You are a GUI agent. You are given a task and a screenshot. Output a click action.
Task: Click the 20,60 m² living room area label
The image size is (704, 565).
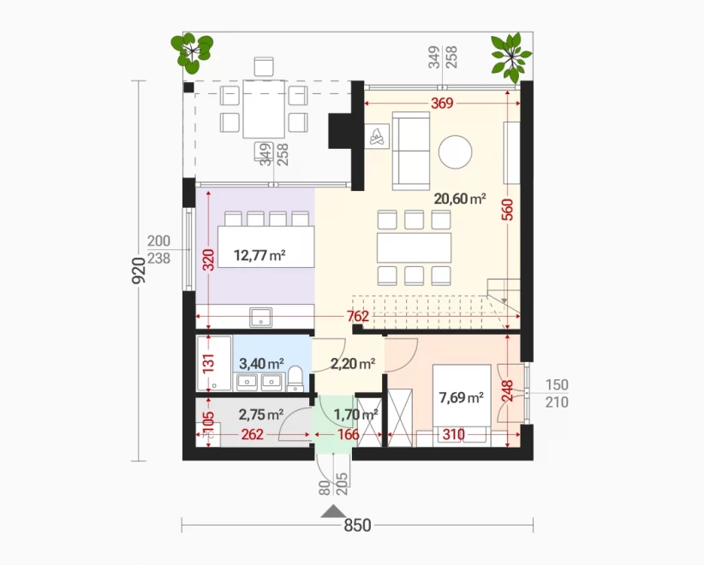pyautogui.click(x=460, y=199)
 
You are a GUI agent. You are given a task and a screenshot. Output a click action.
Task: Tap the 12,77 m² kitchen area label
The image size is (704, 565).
pyautogui.click(x=260, y=255)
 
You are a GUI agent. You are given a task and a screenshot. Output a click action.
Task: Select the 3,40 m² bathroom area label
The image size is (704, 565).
pyautogui.click(x=261, y=363)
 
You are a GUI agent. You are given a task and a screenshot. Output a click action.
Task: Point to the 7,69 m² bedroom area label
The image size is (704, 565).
pyautogui.click(x=462, y=397)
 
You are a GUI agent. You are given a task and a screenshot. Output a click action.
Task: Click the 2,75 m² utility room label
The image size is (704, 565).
pyautogui.click(x=261, y=414)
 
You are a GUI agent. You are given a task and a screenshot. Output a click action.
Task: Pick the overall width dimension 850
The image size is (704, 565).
pyautogui.click(x=357, y=525)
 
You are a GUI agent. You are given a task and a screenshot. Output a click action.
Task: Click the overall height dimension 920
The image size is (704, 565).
pyautogui.click(x=139, y=271)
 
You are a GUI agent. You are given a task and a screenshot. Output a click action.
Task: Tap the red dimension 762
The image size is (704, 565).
pyautogui.click(x=358, y=317)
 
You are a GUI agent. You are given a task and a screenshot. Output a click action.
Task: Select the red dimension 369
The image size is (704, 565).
pyautogui.click(x=442, y=104)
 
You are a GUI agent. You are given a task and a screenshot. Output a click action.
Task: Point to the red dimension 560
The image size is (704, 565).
pyautogui.click(x=507, y=210)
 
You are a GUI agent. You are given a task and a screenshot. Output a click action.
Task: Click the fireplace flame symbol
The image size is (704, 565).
pyautogui.click(x=377, y=136)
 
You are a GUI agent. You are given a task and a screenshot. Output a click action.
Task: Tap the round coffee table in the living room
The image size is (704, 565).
pyautogui.click(x=456, y=152)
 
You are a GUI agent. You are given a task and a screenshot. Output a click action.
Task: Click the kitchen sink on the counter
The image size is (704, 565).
pyautogui.click(x=260, y=317)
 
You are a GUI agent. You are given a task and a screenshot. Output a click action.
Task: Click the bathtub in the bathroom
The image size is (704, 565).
pyautogui.click(x=214, y=363)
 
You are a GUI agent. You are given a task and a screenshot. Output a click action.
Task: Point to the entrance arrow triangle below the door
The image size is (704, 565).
pyautogui.click(x=334, y=511)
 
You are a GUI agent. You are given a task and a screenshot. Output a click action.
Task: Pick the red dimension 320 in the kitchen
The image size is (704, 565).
pyautogui.click(x=208, y=259)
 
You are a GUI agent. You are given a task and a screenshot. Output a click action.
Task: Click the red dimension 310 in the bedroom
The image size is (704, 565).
pyautogui.click(x=453, y=434)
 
